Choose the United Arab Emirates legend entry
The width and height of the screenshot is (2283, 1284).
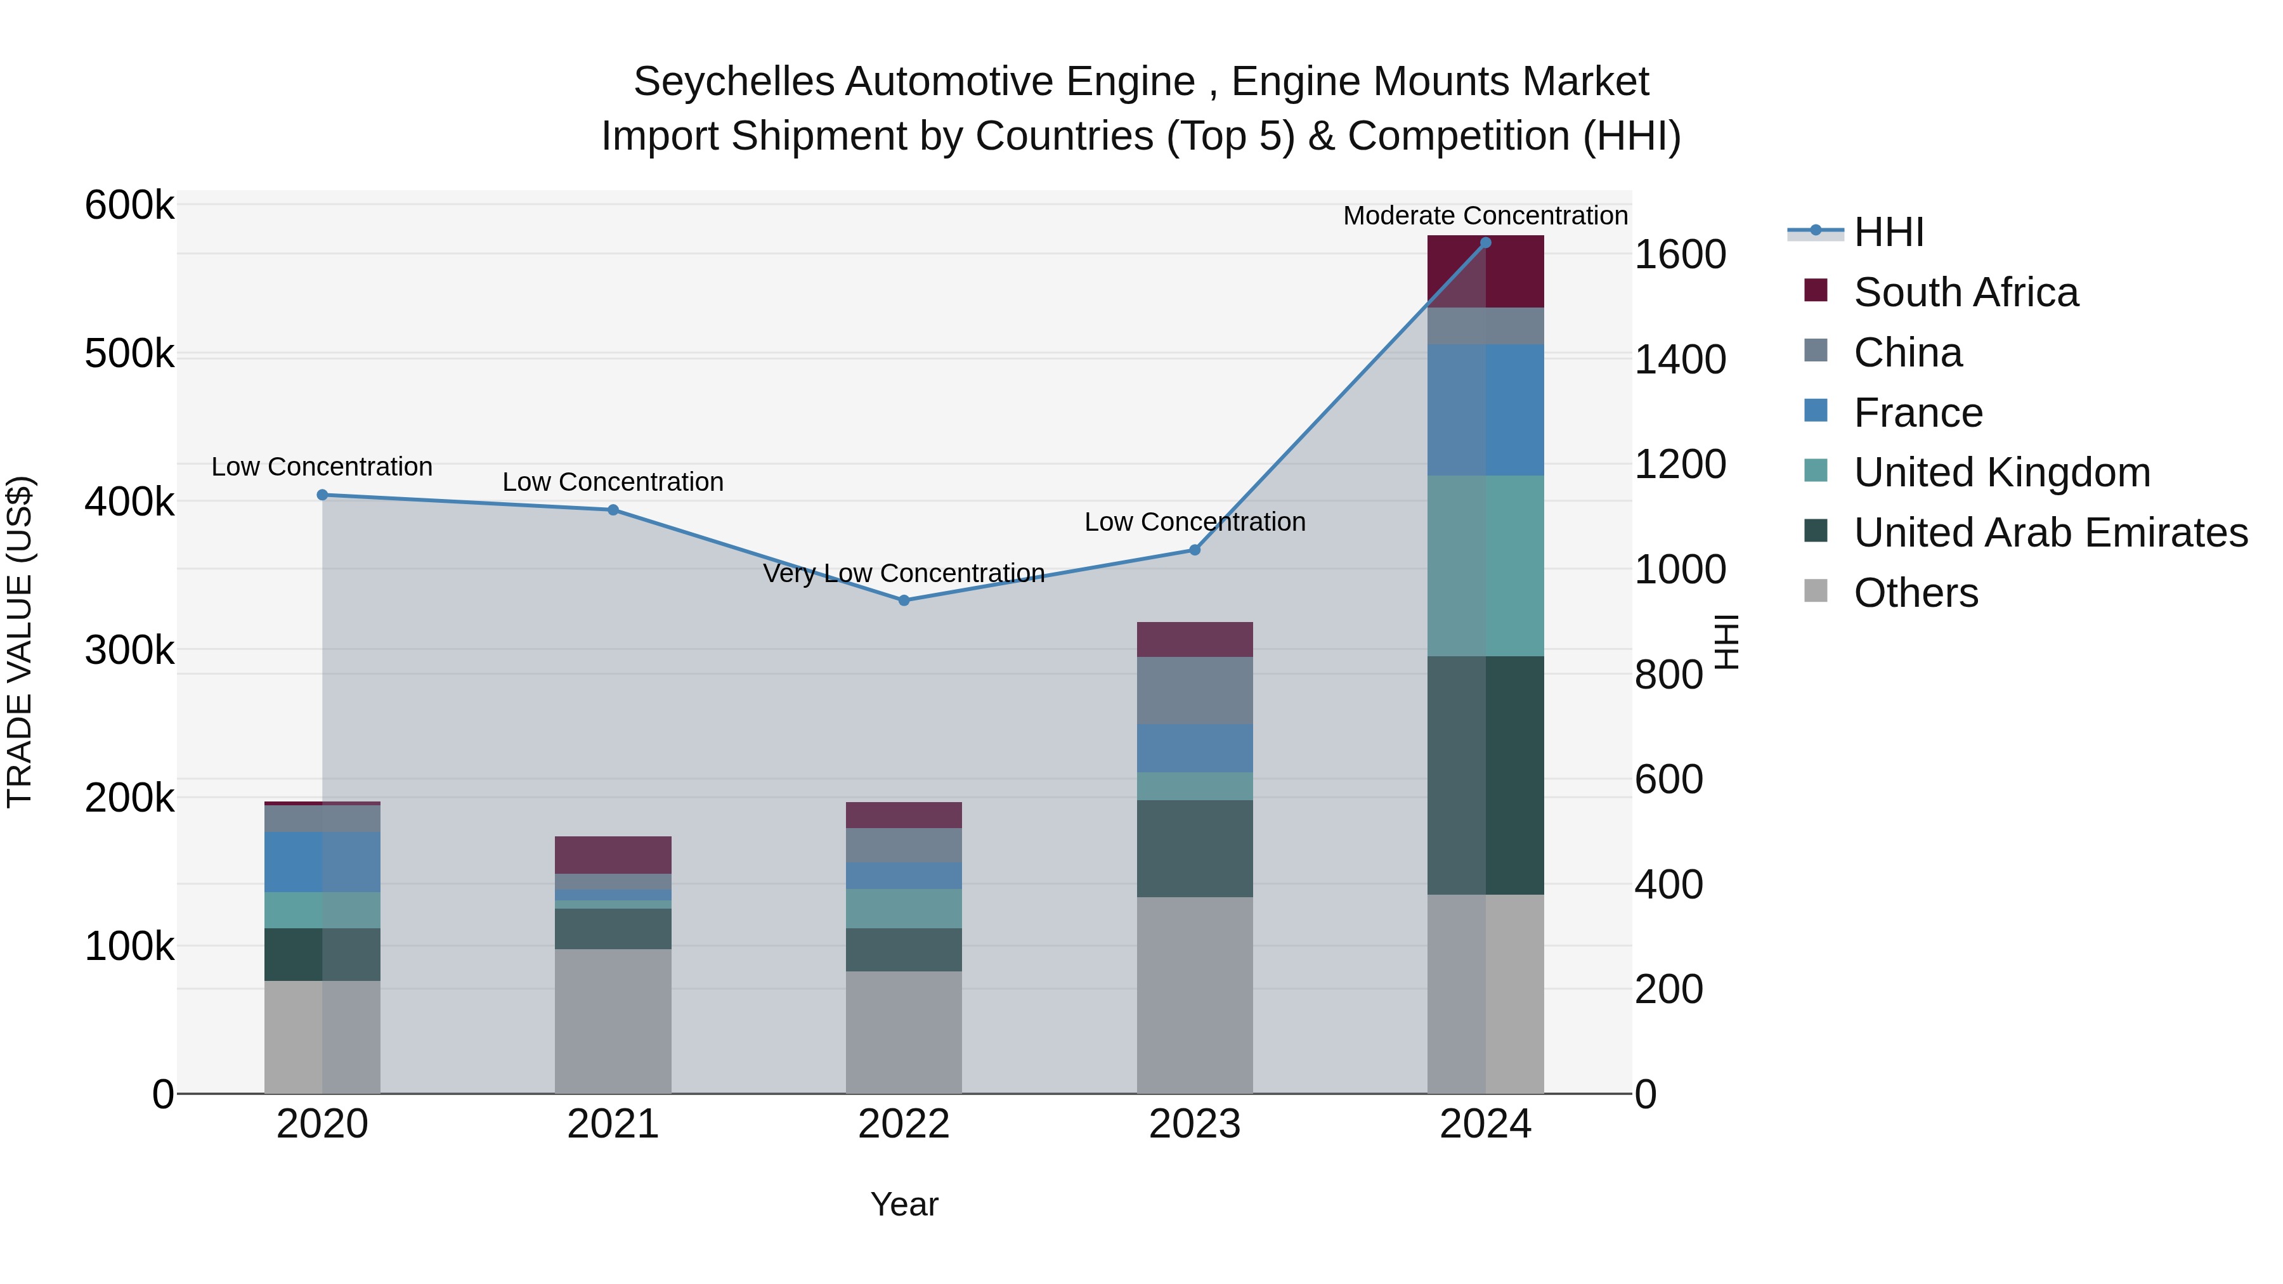click(2050, 533)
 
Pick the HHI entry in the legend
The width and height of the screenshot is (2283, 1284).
click(1888, 232)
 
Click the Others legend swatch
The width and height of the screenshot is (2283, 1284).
click(1815, 591)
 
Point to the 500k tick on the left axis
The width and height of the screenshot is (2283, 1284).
click(129, 354)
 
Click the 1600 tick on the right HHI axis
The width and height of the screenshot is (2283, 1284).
click(1679, 255)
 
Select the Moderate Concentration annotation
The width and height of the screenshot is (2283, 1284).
click(1485, 216)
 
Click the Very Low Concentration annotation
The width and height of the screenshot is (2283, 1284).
click(903, 573)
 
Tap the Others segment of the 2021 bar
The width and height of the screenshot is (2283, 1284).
click(613, 1021)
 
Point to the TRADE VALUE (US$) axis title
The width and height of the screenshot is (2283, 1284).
click(20, 642)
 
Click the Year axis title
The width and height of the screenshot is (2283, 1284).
click(903, 1204)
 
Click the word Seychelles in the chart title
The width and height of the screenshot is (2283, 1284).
click(733, 82)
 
